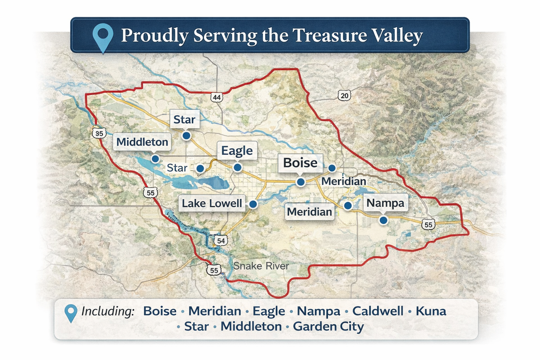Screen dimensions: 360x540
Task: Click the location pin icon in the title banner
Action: [103, 37]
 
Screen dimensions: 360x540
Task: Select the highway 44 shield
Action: [216, 98]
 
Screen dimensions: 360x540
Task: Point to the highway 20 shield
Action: [344, 96]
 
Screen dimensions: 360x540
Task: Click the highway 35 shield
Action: [99, 133]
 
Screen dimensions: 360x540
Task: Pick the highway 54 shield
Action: [220, 240]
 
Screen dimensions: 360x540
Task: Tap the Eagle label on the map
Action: [237, 151]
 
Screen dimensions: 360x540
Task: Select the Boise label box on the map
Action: [300, 163]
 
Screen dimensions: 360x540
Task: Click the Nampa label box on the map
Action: [385, 203]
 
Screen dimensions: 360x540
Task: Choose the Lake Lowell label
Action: [212, 203]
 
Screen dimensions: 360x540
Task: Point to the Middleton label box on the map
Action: [142, 142]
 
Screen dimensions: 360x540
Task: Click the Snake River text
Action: [261, 266]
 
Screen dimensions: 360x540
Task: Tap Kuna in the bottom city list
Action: [431, 311]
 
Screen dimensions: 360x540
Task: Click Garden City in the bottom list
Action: [328, 327]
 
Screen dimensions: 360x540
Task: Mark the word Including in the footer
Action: [108, 311]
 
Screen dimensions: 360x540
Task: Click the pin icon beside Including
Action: [71, 312]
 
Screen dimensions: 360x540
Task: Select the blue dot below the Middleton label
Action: [154, 158]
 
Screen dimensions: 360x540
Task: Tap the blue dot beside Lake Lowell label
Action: [253, 204]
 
